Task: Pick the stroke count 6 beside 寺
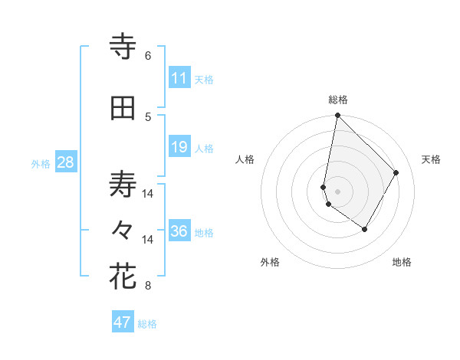[148, 55]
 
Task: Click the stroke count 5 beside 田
[148, 116]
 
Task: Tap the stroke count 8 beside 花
[148, 286]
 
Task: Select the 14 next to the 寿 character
[148, 194]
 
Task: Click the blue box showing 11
[179, 78]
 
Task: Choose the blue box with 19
[179, 148]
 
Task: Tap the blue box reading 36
[179, 231]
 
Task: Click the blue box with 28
[65, 162]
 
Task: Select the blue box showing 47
[123, 322]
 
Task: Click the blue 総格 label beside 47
[147, 324]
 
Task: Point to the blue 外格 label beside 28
[41, 164]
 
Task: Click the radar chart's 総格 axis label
[337, 100]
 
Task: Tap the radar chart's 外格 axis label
[270, 262]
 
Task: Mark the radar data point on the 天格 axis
[396, 172]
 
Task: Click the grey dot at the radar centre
[337, 191]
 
